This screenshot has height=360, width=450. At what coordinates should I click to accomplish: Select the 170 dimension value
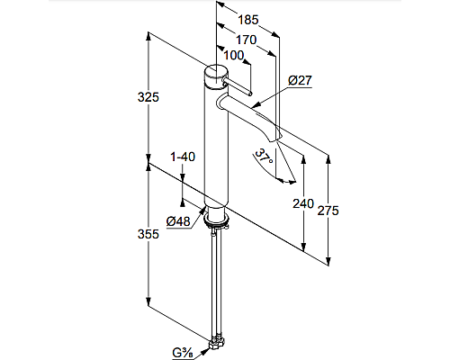coord(245,40)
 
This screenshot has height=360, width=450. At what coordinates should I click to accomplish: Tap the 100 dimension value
coord(233,55)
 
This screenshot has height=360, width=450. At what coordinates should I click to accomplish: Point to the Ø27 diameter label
coord(300,81)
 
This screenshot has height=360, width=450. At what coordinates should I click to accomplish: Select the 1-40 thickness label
coord(183,157)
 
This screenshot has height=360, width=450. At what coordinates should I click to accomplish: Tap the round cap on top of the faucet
coord(216,74)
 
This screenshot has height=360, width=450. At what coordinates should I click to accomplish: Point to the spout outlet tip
coord(277,136)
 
